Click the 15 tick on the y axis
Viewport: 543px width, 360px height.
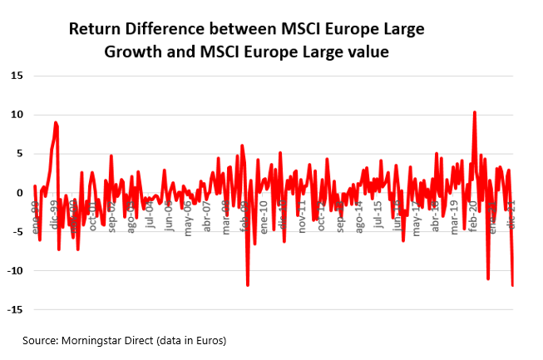pyautogui.click(x=17, y=76)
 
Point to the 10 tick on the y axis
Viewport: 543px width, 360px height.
pyautogui.click(x=17, y=115)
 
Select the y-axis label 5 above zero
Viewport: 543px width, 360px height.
pyautogui.click(x=19, y=154)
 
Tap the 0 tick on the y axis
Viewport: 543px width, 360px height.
pyautogui.click(x=19, y=193)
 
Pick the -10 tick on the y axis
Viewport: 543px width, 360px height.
pyautogui.click(x=15, y=271)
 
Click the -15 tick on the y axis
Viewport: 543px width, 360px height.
pyautogui.click(x=15, y=310)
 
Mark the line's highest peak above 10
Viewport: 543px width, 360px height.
pyautogui.click(x=474, y=111)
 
